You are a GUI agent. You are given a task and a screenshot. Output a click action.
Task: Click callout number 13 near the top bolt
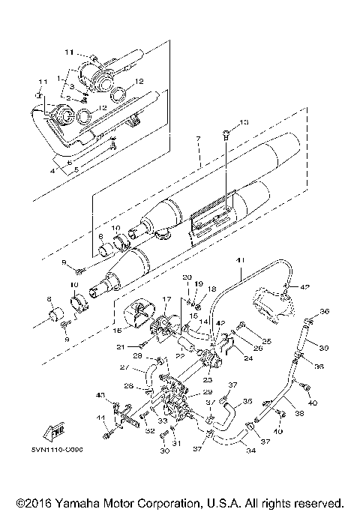click(x=242, y=122)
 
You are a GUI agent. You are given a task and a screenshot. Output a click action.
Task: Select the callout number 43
click(x=100, y=395)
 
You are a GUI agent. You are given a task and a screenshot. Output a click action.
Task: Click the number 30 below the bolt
click(x=163, y=452)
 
